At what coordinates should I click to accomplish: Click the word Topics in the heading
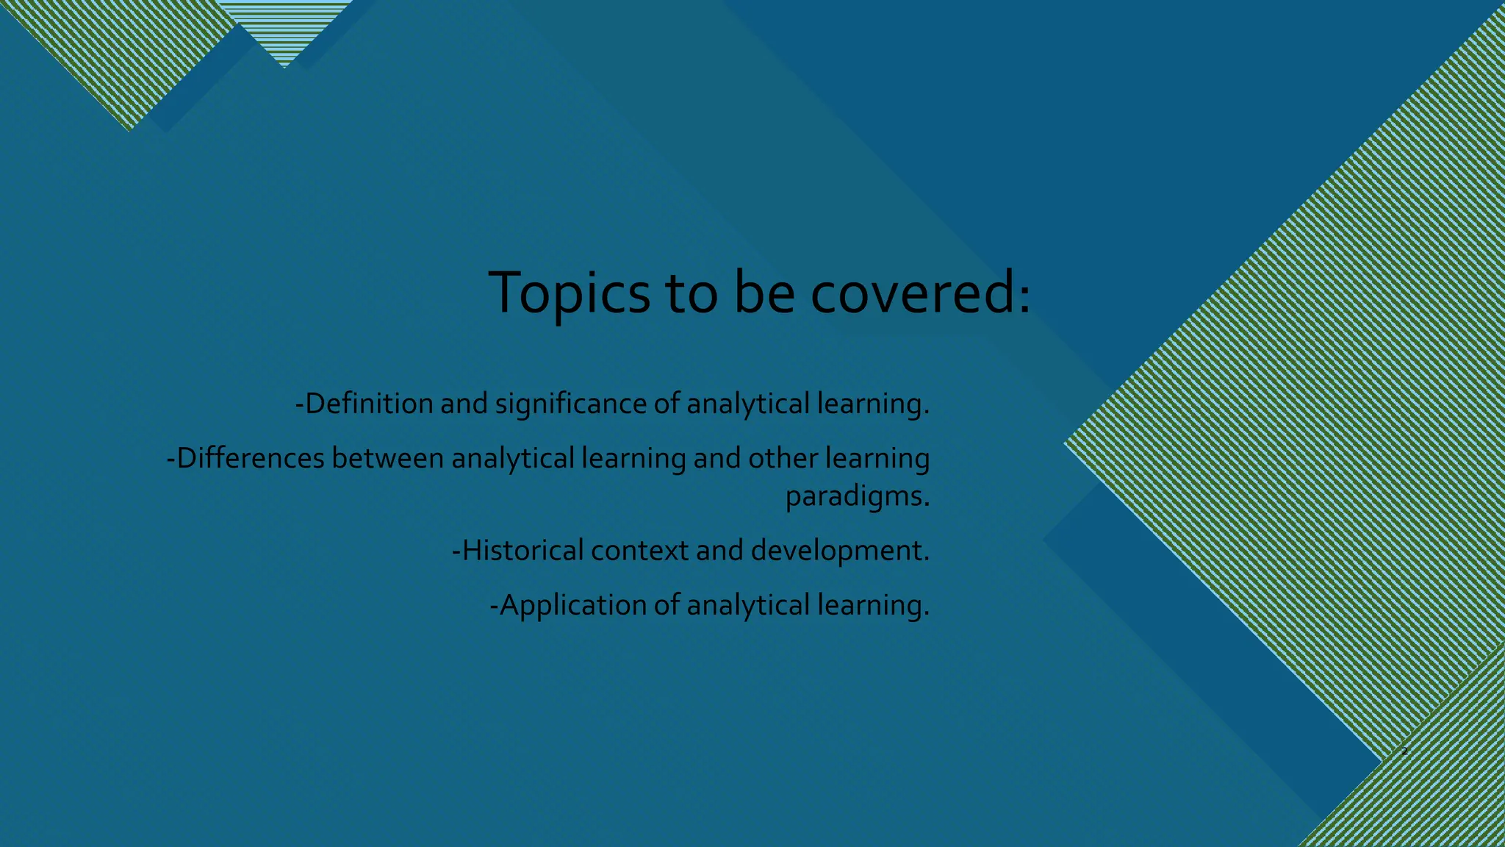pos(569,293)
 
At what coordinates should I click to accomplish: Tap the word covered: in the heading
pos(921,293)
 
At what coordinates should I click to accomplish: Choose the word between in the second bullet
pos(387,458)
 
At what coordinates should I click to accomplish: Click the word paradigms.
pos(857,496)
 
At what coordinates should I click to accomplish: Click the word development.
pos(839,550)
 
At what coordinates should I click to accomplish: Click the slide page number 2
pos(1404,751)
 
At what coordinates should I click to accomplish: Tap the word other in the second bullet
pos(783,458)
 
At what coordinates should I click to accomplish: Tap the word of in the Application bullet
pos(667,605)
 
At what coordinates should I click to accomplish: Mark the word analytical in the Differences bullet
pos(512,458)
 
